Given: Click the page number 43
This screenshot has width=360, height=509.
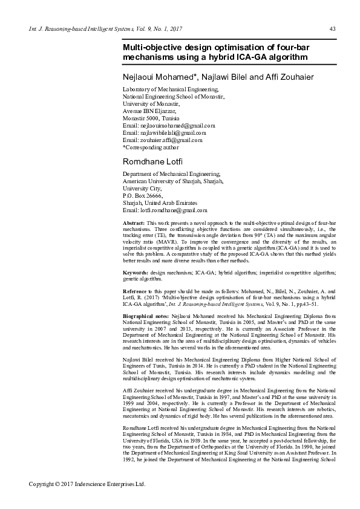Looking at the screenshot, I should (x=332, y=30).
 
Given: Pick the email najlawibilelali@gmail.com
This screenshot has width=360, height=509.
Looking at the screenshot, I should (x=164, y=132).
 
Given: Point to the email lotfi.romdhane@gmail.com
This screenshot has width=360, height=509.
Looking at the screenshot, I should (x=165, y=210).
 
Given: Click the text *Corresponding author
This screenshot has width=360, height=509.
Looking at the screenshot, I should (x=151, y=147).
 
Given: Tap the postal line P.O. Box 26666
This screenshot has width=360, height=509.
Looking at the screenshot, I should (x=143, y=196).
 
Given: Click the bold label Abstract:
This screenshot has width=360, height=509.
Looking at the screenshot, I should (x=134, y=223).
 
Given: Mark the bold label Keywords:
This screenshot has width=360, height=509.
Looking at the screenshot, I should (x=136, y=273).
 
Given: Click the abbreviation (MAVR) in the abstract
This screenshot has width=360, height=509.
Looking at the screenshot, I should (x=163, y=242).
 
